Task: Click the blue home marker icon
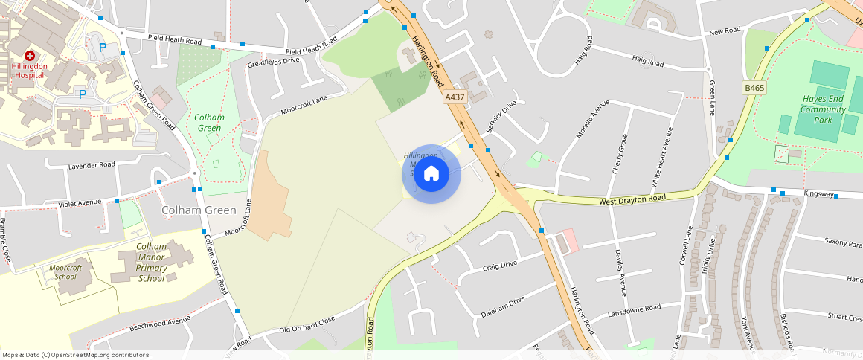pyautogui.click(x=431, y=174)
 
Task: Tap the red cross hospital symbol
pyautogui.click(x=30, y=56)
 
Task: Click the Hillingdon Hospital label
pyautogui.click(x=30, y=71)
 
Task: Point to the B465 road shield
pyautogui.click(x=754, y=88)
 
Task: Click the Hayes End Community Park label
pyautogui.click(x=823, y=109)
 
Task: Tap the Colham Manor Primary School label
pyautogui.click(x=151, y=263)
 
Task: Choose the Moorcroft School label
pyautogui.click(x=65, y=271)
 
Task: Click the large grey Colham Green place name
pyautogui.click(x=199, y=210)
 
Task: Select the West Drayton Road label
pyautogui.click(x=632, y=199)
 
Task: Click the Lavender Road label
pyautogui.click(x=92, y=164)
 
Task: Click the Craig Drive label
pyautogui.click(x=499, y=266)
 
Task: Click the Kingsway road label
pyautogui.click(x=818, y=193)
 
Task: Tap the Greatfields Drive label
pyautogui.click(x=273, y=61)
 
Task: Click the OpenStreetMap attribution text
pyautogui.click(x=74, y=355)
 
